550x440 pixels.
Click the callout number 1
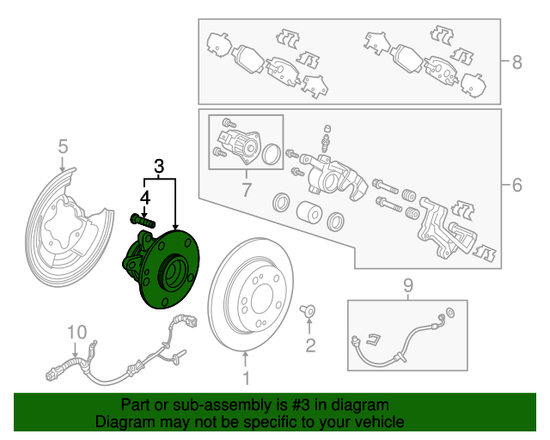[246, 378]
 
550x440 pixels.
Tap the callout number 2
[310, 345]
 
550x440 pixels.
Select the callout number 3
[158, 166]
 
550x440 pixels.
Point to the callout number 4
[145, 198]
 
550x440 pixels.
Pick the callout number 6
[516, 185]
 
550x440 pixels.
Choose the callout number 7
[246, 189]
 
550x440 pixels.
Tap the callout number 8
[516, 62]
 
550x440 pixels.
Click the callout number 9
[408, 284]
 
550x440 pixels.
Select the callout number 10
[77, 332]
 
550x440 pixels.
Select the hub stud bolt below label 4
[144, 220]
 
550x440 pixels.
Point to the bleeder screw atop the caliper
[327, 136]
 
